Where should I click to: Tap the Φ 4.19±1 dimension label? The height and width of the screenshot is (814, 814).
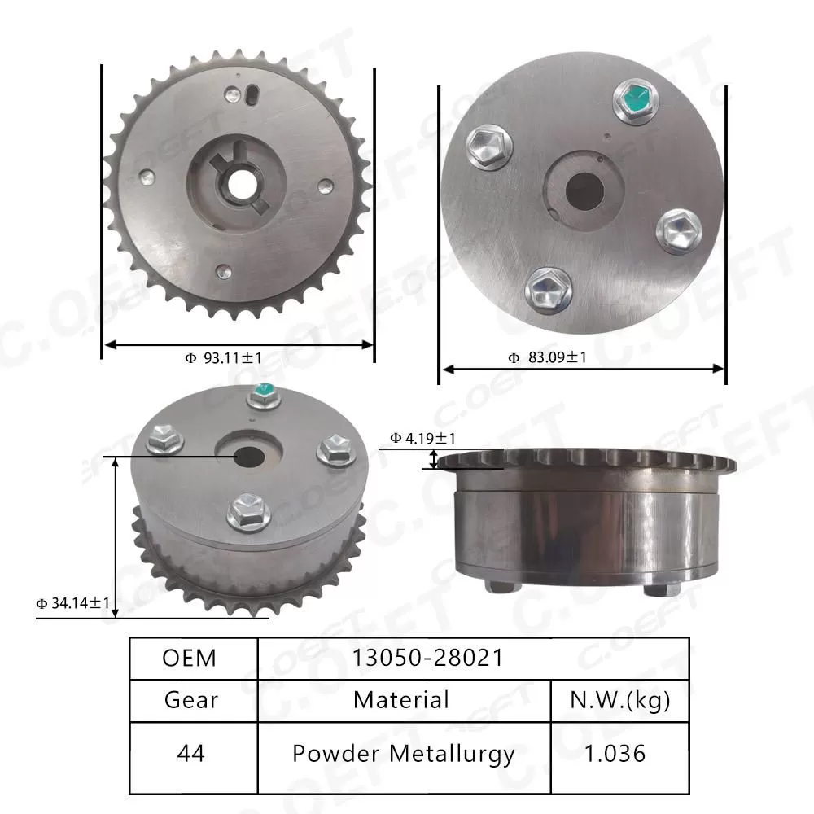pyautogui.click(x=422, y=439)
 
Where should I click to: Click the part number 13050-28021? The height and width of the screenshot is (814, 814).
pyautogui.click(x=428, y=658)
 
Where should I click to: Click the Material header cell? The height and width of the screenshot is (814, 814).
pyautogui.click(x=401, y=699)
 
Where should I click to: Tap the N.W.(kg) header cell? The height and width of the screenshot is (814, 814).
pyautogui.click(x=619, y=699)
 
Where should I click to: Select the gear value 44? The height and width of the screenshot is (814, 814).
pyautogui.click(x=192, y=754)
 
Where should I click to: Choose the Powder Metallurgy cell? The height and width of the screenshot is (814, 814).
pyautogui.click(x=403, y=754)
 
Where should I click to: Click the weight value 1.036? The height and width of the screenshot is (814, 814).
pyautogui.click(x=619, y=754)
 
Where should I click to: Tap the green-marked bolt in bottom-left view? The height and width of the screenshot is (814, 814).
pyautogui.click(x=262, y=395)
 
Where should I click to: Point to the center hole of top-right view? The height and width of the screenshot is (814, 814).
pyautogui.click(x=584, y=190)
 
